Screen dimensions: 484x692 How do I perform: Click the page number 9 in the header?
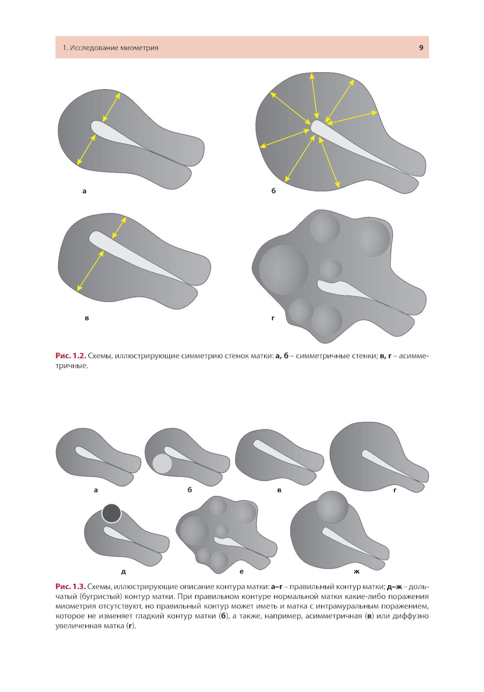[421, 47]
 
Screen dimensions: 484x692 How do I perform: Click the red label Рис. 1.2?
[71, 355]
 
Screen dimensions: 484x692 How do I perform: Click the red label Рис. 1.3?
[71, 586]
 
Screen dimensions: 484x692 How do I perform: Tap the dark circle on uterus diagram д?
[111, 513]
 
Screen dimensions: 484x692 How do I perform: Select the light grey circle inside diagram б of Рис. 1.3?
[162, 463]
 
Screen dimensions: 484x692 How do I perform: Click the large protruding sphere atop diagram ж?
[332, 507]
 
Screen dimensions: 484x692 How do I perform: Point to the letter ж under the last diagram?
[357, 571]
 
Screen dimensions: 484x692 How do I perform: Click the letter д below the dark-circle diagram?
[123, 572]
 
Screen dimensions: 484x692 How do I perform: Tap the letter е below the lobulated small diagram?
[242, 571]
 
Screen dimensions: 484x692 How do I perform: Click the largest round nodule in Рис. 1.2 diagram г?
[284, 269]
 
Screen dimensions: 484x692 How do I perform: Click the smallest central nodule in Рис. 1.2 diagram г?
[331, 269]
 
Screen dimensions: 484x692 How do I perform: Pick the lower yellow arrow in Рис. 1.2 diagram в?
[91, 271]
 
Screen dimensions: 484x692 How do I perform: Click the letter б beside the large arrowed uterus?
[273, 191]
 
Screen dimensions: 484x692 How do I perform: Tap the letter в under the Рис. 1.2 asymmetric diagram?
[87, 318]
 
